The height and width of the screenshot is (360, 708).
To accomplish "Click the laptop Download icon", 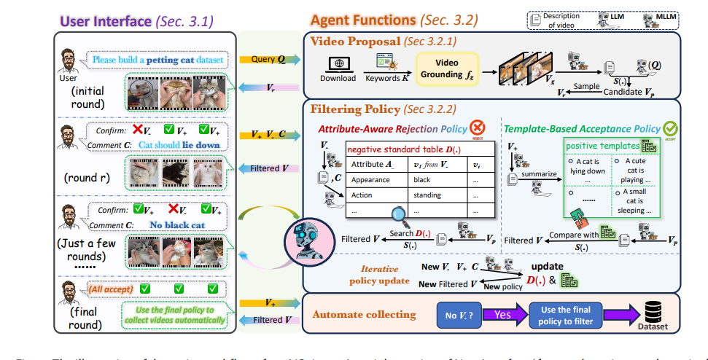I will [338, 63].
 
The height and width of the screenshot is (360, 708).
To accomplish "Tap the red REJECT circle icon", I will [478, 127].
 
